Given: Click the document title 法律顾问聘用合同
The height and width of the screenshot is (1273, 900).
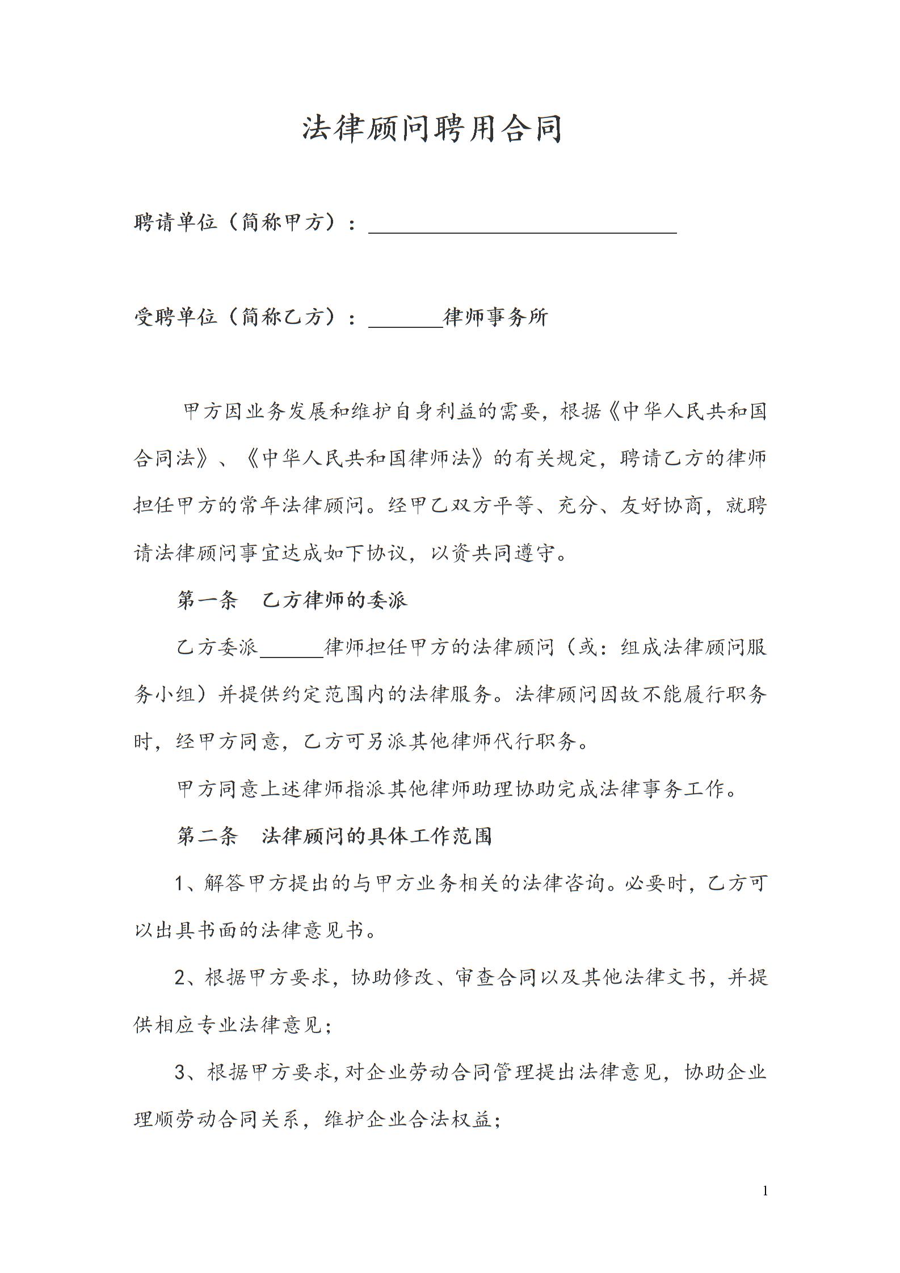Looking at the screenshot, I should point(431,129).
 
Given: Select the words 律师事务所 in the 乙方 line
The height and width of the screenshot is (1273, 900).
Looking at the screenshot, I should point(496,317).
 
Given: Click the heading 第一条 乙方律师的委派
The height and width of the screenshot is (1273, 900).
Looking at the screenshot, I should point(292,600).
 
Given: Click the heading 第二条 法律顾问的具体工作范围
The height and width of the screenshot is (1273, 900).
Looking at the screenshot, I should point(334,836).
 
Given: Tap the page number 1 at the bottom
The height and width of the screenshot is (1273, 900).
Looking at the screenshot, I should point(765,1190).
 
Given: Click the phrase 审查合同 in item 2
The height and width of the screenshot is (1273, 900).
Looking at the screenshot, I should point(495,977).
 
